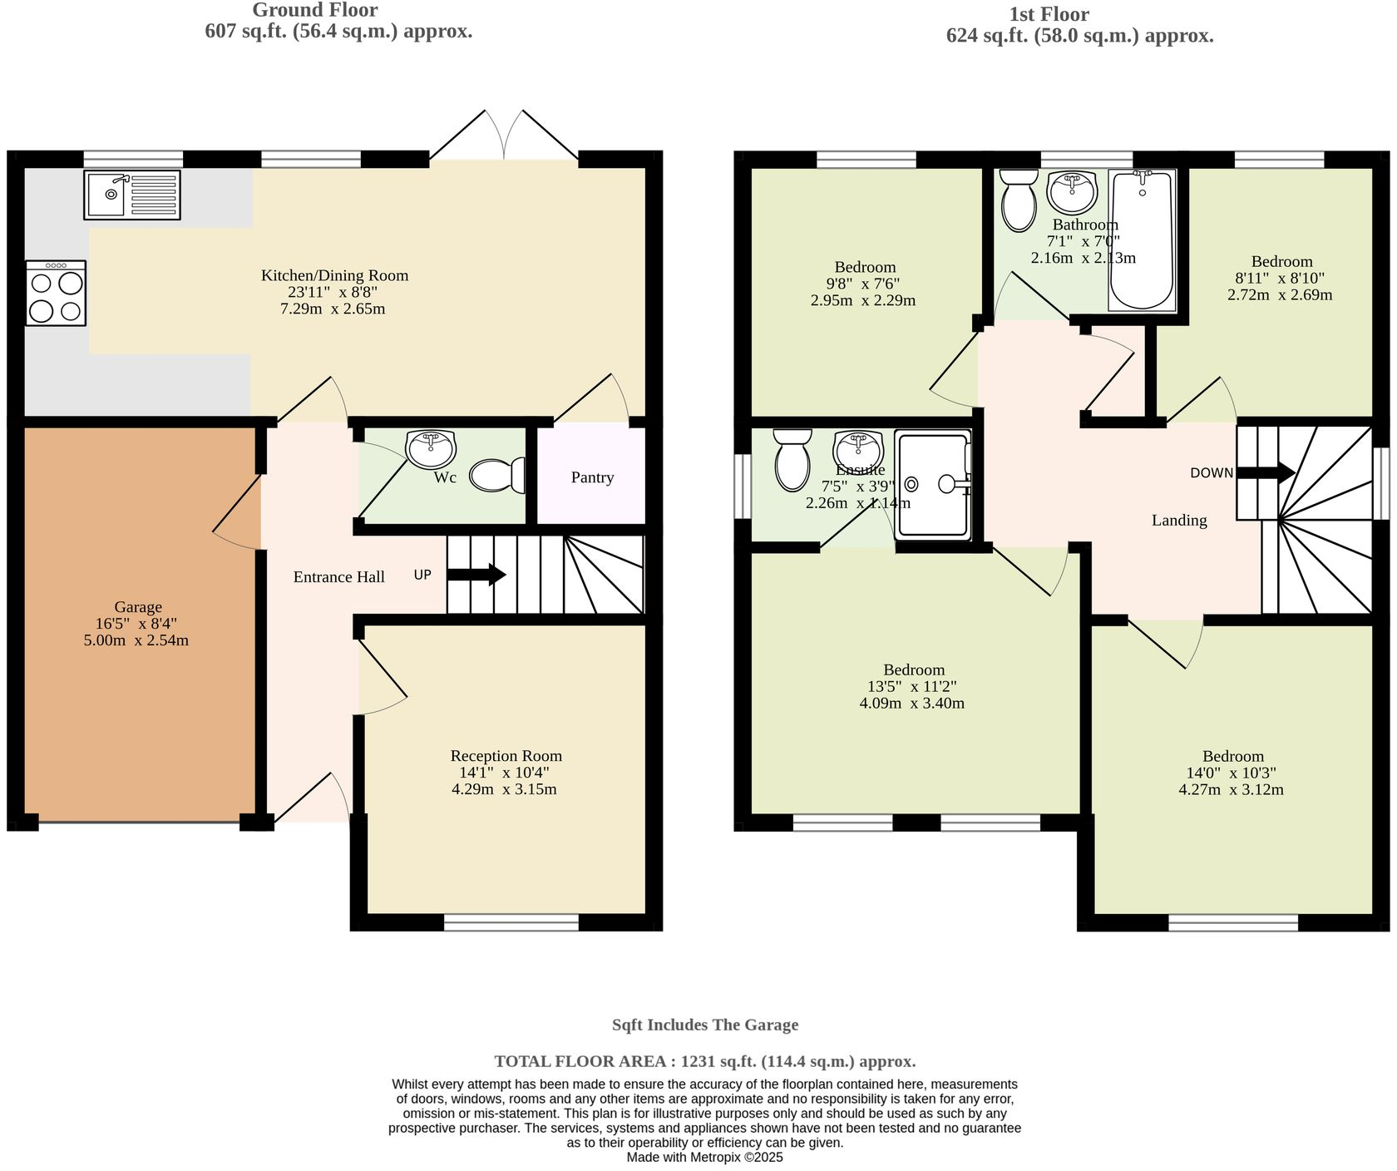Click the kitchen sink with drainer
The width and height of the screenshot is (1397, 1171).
132,195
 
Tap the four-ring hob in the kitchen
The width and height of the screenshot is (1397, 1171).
56,294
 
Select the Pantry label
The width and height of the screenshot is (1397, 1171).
592,477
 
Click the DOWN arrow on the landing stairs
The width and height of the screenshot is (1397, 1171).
1266,472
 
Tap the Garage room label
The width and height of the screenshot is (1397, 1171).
138,607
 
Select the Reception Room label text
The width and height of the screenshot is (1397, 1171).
506,756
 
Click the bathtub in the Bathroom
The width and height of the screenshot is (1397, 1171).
1143,240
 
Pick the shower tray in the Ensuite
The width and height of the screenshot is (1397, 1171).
933,484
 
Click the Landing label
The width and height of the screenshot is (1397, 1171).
1178,521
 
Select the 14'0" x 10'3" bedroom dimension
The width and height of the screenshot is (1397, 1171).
1232,773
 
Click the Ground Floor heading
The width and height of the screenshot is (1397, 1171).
314,11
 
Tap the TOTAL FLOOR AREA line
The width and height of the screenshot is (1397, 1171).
704,1061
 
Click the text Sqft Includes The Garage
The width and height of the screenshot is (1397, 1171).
704,1025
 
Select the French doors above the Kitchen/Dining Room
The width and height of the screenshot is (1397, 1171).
504,136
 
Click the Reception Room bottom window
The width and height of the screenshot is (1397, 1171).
511,921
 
